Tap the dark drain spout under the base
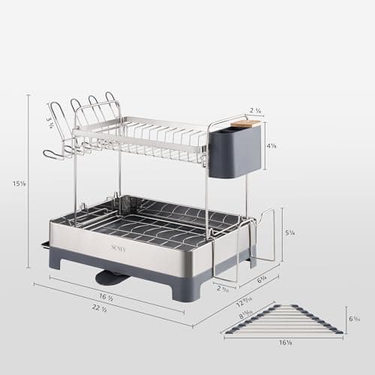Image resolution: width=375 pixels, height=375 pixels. point(112,277)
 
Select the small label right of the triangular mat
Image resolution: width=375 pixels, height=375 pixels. point(354,319)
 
